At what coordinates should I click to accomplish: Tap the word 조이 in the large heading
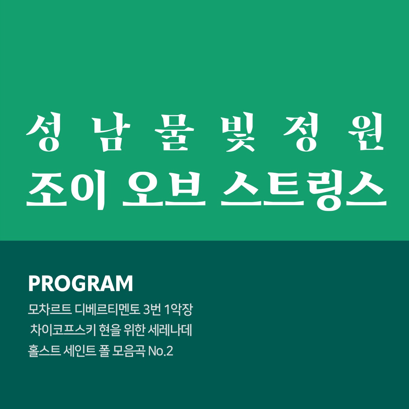(x=66, y=189)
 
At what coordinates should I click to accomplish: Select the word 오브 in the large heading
(x=164, y=189)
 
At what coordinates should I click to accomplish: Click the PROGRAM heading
(x=81, y=284)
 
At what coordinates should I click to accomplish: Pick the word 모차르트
(x=49, y=310)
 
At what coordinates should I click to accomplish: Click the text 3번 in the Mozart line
(x=152, y=310)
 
